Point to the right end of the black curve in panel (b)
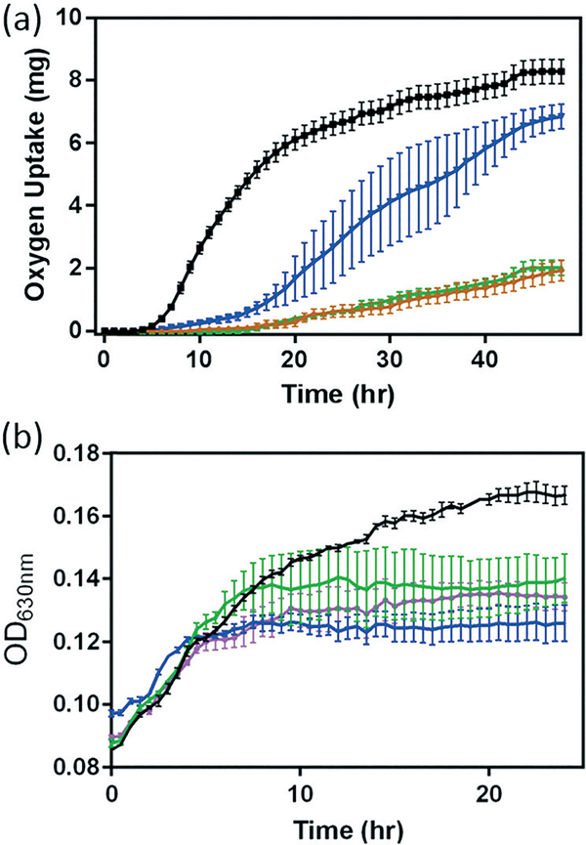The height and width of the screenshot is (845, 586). (564, 496)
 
